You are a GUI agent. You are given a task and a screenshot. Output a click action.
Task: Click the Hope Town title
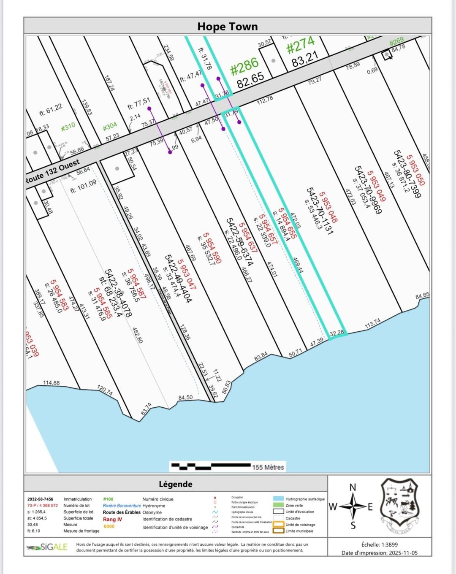(x=227, y=27)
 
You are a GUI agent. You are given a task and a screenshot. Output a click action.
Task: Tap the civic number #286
(x=244, y=67)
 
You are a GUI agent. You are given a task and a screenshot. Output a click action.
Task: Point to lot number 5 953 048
(x=328, y=207)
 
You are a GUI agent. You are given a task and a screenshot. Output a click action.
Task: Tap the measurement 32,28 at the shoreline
(x=337, y=333)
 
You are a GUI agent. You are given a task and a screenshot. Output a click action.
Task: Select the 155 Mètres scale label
(x=268, y=467)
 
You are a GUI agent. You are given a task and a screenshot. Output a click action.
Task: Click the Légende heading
(x=175, y=484)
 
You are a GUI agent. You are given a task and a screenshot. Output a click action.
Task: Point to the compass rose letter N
(x=353, y=487)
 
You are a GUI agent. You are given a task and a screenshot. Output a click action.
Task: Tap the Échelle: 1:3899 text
(x=379, y=544)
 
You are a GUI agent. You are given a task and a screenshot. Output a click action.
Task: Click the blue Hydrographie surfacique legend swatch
(x=278, y=499)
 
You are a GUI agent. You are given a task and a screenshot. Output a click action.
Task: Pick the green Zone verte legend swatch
(x=278, y=505)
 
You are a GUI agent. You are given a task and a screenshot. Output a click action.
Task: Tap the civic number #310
(x=68, y=126)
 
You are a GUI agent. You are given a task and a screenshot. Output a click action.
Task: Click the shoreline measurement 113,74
(x=372, y=323)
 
